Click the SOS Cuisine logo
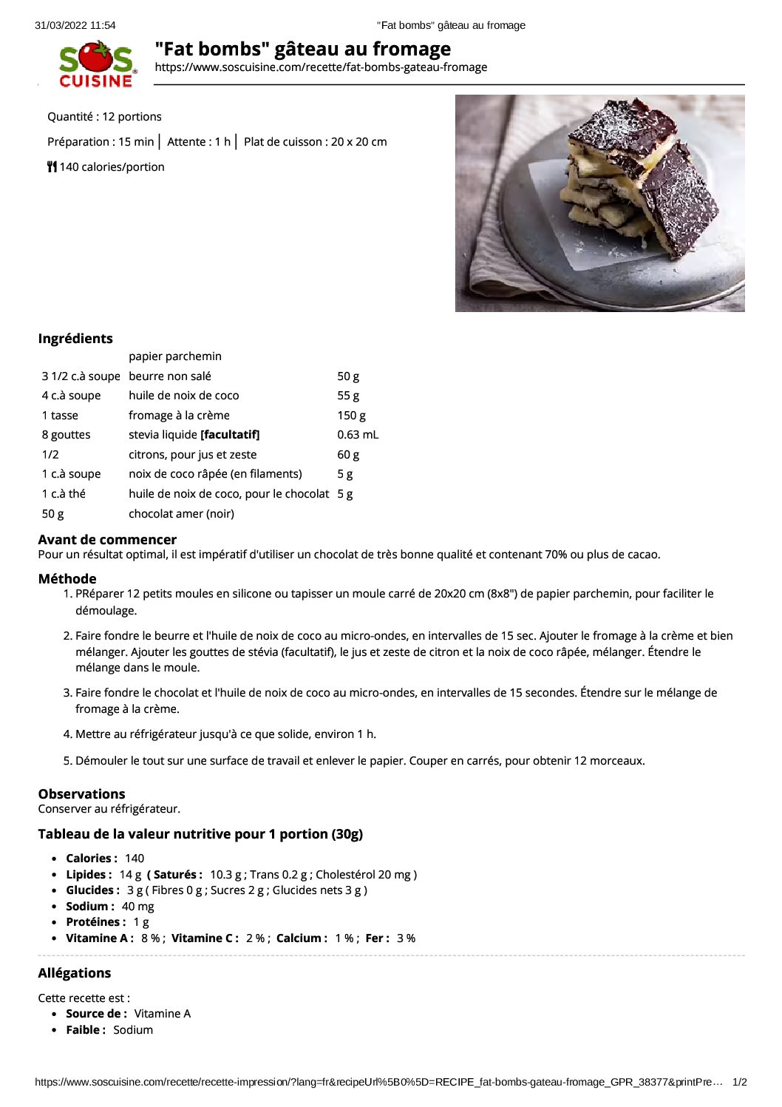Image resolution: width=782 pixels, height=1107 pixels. pyautogui.click(x=97, y=65)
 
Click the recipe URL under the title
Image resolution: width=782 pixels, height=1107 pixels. pyautogui.click(x=321, y=67)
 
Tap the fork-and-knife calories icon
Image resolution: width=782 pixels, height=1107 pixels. pyautogui.click(x=52, y=166)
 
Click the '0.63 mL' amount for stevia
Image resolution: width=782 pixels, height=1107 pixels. pyautogui.click(x=358, y=435)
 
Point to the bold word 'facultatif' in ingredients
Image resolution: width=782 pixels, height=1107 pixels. pyautogui.click(x=230, y=435)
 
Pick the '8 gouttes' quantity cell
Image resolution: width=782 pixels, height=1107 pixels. pyautogui.click(x=66, y=435)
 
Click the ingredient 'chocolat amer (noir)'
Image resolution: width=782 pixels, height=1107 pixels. pyautogui.click(x=181, y=514)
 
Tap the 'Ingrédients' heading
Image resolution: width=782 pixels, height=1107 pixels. pyautogui.click(x=75, y=339)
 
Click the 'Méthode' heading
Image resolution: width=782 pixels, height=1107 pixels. pyautogui.click(x=67, y=579)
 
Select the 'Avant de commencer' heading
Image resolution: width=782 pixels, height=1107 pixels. pyautogui.click(x=107, y=540)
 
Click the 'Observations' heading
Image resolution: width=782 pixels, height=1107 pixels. pyautogui.click(x=81, y=794)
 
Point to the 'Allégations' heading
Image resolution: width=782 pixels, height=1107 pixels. pyautogui.click(x=75, y=973)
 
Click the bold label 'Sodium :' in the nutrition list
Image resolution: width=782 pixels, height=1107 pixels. pyautogui.click(x=90, y=907)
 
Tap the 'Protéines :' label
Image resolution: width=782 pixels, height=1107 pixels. pyautogui.click(x=96, y=922)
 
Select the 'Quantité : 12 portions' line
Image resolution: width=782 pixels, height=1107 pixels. pyautogui.click(x=104, y=117)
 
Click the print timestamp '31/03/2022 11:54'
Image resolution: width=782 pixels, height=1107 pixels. pyautogui.click(x=75, y=25)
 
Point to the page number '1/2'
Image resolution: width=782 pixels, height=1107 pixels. pyautogui.click(x=739, y=1082)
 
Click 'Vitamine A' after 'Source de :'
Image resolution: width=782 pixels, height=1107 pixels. pyautogui.click(x=162, y=1014)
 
